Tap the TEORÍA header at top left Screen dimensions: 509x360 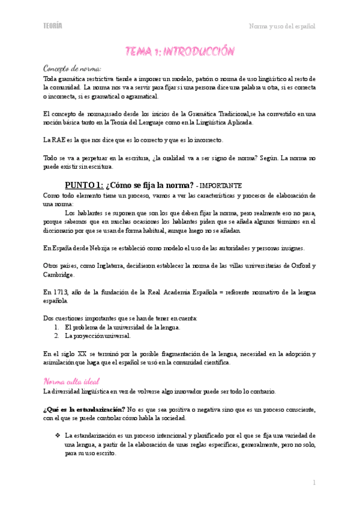(x=53, y=25)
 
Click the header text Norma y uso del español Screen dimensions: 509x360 (x=282, y=26)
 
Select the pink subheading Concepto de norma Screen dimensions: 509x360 (x=73, y=69)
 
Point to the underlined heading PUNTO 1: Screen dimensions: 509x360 (x=83, y=185)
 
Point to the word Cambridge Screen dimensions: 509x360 (x=59, y=274)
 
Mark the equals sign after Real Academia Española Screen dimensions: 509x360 (x=221, y=291)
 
